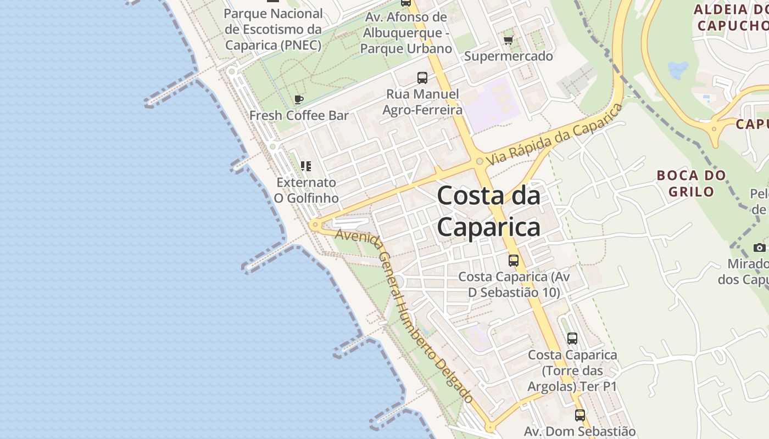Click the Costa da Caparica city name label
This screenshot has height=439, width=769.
tap(489, 211)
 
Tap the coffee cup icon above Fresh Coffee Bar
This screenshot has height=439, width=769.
tap(299, 99)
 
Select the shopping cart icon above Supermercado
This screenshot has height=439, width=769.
tap(509, 40)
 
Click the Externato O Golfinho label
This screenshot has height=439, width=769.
tap(306, 190)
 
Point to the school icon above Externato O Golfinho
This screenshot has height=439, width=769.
tap(306, 166)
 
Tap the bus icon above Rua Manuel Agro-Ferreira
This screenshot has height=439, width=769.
tap(422, 78)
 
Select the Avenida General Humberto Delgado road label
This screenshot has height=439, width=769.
tap(404, 316)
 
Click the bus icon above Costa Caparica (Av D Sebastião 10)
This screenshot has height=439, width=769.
tap(514, 260)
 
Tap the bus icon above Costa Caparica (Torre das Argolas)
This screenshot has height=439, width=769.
tap(572, 338)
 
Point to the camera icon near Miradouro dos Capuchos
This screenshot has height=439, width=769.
tap(760, 247)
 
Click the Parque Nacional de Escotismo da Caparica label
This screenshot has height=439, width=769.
tap(273, 29)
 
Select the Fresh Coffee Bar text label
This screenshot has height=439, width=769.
tap(299, 116)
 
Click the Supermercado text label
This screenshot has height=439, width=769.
tap(509, 56)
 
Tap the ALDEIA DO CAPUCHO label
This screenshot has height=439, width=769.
tap(731, 17)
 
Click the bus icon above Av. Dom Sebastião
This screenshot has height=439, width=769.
tap(580, 415)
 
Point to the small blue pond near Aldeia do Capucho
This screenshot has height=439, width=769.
tap(678, 69)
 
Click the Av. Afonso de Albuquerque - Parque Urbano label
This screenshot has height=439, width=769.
tap(406, 33)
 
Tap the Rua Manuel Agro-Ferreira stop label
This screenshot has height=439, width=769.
tap(422, 102)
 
